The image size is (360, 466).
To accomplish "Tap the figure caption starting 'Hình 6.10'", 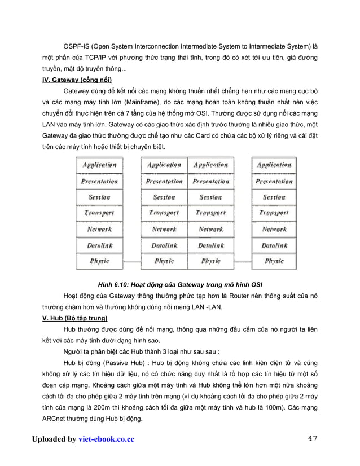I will coord(180,283).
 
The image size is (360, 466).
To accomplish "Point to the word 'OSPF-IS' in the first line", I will coord(77,45).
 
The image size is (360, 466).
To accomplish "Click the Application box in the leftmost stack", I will coord(100,165).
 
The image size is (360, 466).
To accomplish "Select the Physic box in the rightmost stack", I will coord(274,262).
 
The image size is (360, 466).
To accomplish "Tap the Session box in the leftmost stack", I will coord(100,197).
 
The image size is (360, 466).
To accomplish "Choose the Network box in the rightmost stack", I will coord(274,230).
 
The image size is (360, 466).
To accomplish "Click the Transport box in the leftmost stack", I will coord(100,213).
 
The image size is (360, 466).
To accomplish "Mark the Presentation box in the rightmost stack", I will coord(274,182).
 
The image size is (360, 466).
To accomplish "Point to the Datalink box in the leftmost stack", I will coord(100,246).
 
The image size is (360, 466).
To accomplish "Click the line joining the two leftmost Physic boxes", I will coord(131,262).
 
